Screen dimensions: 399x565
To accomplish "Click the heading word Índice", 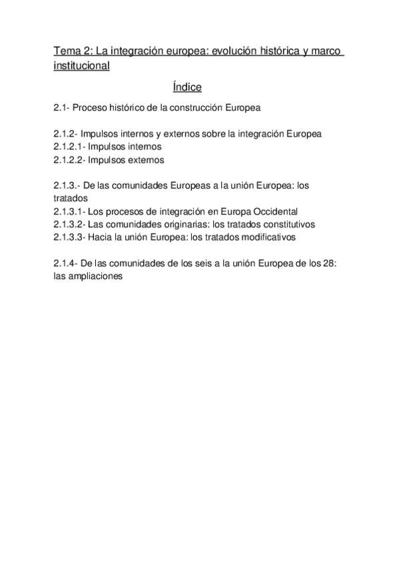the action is pyautogui.click(x=187, y=87).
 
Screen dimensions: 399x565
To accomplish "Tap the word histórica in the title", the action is pyautogui.click(x=272, y=51).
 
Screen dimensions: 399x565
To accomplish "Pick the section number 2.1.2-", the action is pyautogui.click(x=67, y=134).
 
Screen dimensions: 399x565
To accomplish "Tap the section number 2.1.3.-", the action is pyautogui.click(x=69, y=185).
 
